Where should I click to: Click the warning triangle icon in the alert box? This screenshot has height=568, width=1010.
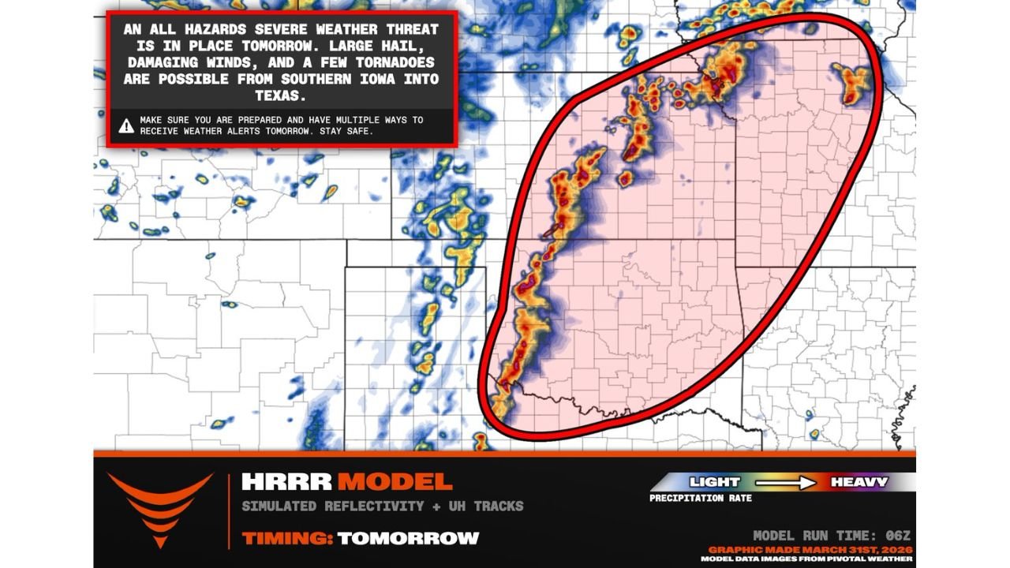(x=126, y=125)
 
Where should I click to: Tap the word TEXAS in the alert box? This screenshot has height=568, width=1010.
(x=282, y=95)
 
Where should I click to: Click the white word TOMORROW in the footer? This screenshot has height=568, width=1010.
(x=408, y=538)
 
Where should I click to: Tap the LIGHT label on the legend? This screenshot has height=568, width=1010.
(x=714, y=482)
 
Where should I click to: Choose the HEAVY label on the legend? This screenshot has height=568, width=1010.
(x=858, y=482)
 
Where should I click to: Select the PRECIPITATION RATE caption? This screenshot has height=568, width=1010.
(x=701, y=499)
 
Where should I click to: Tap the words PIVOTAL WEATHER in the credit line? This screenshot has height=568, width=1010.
(x=875, y=559)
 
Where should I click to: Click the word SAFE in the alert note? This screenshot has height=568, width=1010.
(x=354, y=131)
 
